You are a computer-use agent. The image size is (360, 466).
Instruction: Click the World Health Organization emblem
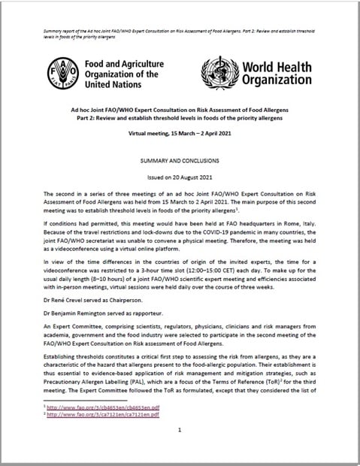point(220,74)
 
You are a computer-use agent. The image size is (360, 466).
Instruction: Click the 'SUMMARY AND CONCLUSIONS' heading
point(180,162)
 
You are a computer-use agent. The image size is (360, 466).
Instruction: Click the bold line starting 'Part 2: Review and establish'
point(180,119)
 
